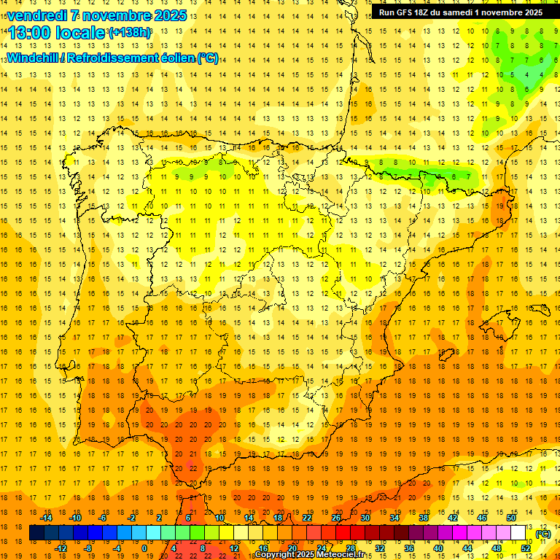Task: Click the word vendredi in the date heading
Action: pyautogui.click(x=38, y=15)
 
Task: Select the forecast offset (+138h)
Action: pyautogui.click(x=129, y=33)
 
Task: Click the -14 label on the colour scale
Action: pyautogui.click(x=48, y=518)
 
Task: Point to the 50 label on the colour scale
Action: pyautogui.click(x=511, y=518)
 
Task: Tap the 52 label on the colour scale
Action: pyautogui.click(x=525, y=548)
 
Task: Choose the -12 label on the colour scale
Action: pyautogui.click(x=62, y=548)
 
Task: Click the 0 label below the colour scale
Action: pyautogui.click(x=145, y=548)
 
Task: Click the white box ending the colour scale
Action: pyautogui.click(x=518, y=533)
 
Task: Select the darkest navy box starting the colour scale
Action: pyautogui.click(x=36, y=533)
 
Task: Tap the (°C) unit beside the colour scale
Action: pyautogui.click(x=543, y=534)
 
